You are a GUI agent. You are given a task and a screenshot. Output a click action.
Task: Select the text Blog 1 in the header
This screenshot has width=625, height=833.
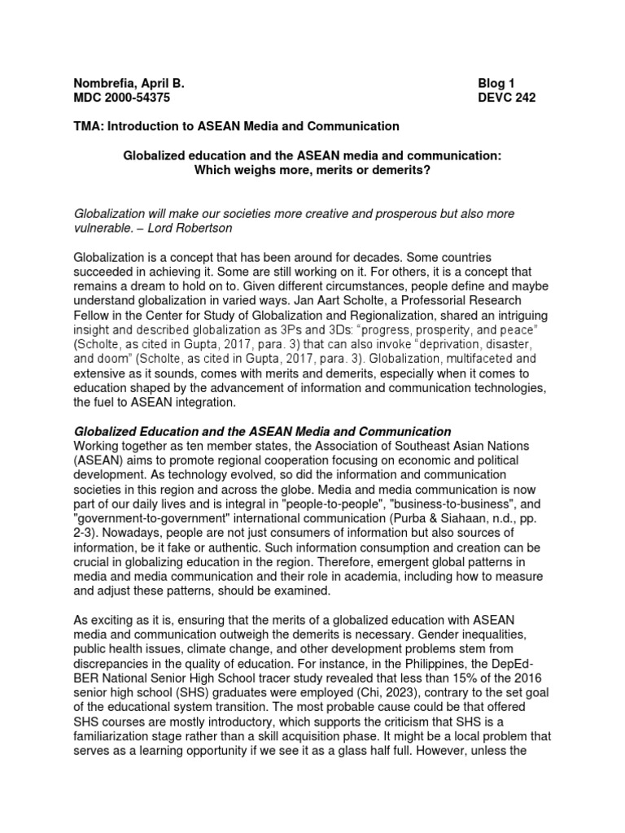496,83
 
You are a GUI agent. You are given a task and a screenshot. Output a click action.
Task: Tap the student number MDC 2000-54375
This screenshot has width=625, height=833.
122,98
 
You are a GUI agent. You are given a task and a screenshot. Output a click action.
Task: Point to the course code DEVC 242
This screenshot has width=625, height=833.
507,98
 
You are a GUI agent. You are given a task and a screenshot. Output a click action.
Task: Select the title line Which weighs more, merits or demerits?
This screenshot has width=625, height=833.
312,170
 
